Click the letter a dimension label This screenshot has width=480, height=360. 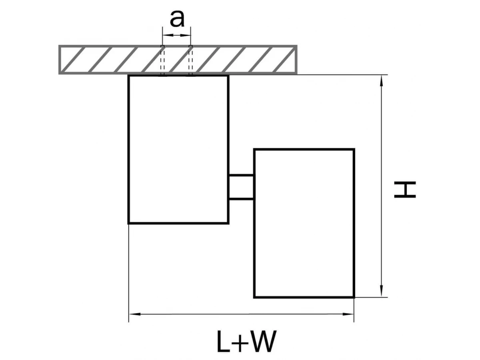point(177,19)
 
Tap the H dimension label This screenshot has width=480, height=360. point(405,190)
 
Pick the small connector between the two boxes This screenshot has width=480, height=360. point(241,187)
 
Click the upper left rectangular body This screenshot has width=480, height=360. point(178,149)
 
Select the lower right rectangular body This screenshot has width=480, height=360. point(304,223)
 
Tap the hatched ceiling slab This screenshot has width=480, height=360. point(100,60)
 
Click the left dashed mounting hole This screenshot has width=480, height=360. point(162,60)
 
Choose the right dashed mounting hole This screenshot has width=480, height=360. point(190,60)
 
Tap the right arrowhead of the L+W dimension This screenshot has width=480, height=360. point(350,314)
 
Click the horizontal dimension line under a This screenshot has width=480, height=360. point(176,35)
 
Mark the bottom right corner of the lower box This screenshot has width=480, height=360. point(354,297)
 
